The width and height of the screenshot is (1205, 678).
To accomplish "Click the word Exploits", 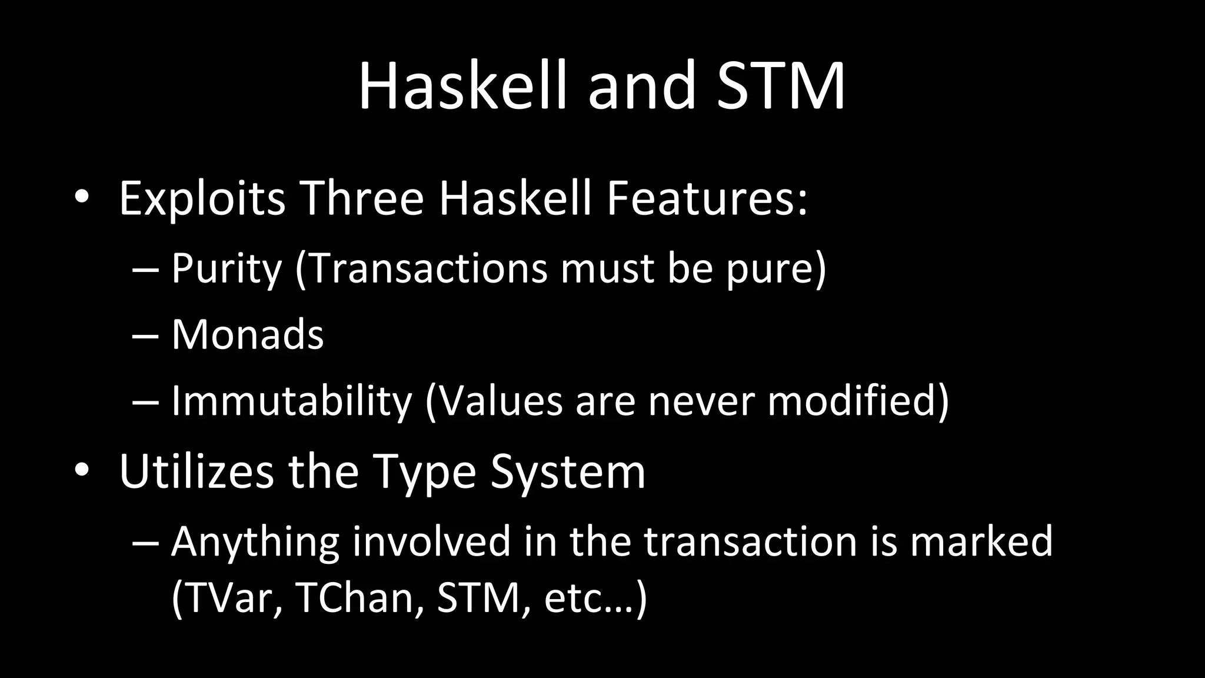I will tap(202, 199).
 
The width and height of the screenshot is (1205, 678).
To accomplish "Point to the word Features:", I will tap(707, 199).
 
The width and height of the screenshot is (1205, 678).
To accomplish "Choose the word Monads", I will tap(247, 334).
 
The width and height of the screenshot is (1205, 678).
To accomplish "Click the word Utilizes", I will tap(197, 471).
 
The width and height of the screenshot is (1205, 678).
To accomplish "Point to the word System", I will tap(568, 471).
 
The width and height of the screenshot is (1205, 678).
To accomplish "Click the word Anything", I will tap(255, 541).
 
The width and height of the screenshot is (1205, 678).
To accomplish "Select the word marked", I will tap(981, 541).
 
